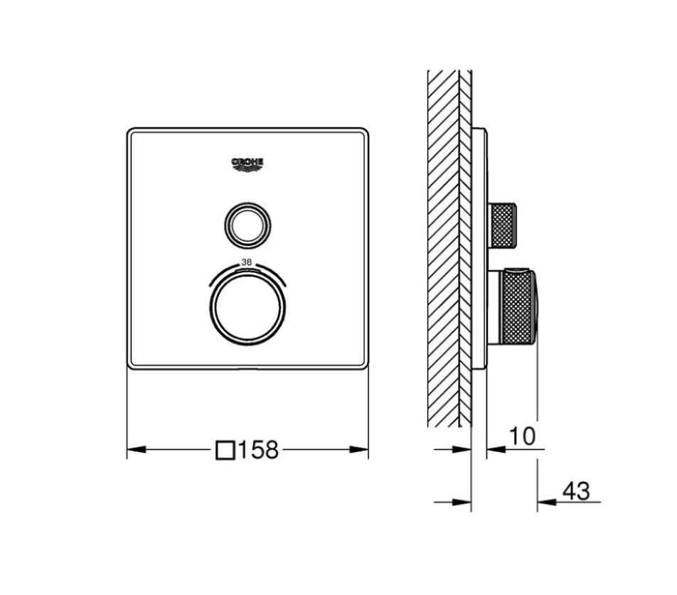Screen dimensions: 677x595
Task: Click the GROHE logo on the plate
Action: pos(247,165)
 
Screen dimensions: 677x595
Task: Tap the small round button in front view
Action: pos(247,225)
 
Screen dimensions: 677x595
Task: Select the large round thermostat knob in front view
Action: pos(247,308)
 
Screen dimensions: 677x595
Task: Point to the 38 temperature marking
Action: pos(247,262)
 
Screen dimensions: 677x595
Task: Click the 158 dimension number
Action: pos(258,450)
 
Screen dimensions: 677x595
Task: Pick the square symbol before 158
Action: pos(225,449)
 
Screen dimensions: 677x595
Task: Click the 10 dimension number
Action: pos(523,436)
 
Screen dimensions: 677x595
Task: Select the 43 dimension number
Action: pos(576,491)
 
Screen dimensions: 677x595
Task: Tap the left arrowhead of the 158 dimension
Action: pos(136,449)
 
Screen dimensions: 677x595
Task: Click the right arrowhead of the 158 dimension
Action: pos(359,449)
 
